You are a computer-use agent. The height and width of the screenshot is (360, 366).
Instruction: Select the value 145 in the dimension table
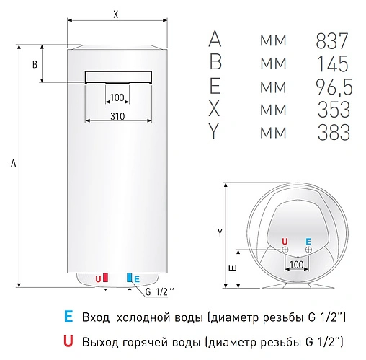(333, 63)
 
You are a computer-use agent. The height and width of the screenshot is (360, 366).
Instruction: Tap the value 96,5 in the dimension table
(333, 87)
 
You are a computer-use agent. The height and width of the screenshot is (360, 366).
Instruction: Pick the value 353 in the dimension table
(333, 110)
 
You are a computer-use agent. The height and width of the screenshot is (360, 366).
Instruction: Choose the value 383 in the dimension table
(333, 133)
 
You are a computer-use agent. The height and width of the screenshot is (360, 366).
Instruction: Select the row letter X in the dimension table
(215, 110)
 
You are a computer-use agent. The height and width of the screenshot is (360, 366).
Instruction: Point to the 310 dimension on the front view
(118, 116)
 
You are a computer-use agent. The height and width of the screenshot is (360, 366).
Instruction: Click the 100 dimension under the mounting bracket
(117, 97)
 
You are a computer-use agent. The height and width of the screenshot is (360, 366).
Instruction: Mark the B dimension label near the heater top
(35, 65)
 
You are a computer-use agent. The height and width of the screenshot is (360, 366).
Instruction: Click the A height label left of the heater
(13, 164)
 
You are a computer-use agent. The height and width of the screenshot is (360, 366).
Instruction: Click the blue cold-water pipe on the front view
(130, 278)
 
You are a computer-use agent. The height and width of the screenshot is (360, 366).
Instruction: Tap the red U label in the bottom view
(284, 241)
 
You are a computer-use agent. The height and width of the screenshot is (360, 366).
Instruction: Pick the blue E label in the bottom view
(308, 241)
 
